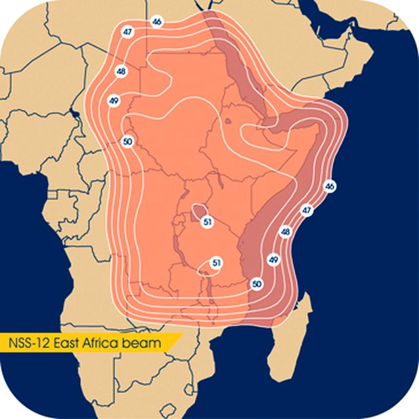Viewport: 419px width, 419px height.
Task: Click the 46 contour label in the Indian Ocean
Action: [330, 187]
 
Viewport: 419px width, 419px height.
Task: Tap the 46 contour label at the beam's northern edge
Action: [157, 22]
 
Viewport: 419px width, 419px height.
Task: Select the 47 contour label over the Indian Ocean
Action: [307, 210]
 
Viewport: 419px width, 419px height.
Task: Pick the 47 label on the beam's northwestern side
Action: [127, 32]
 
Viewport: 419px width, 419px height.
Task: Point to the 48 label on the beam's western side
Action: [121, 71]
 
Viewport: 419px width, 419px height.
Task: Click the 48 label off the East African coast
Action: [285, 232]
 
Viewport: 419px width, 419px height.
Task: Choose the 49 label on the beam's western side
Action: [114, 100]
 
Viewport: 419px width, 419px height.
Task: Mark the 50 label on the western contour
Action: [127, 141]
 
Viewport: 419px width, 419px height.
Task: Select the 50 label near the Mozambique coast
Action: [257, 284]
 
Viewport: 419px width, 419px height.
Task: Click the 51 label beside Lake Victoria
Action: [208, 222]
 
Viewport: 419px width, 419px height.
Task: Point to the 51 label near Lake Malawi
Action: [217, 263]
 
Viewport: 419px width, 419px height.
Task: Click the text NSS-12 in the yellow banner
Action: [32, 343]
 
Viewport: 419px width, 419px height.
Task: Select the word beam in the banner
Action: [146, 343]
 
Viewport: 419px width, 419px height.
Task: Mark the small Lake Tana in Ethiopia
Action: [228, 121]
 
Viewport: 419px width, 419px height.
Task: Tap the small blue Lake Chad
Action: [76, 116]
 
